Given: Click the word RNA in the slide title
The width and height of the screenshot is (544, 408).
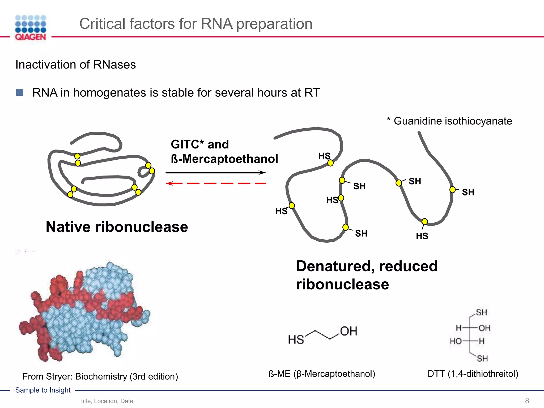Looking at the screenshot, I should pos(216,24).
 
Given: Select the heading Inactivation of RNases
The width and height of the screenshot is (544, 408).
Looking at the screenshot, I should pos(75,65).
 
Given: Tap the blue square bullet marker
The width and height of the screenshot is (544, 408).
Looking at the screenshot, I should pos(20,92).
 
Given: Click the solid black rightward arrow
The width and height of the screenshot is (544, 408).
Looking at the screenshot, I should pos(215,173).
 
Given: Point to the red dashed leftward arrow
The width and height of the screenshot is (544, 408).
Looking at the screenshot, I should pos(215,183).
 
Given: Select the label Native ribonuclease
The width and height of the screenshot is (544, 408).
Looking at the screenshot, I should pos(117,227).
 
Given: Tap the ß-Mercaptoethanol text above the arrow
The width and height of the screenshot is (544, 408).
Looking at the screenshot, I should pos(224,159).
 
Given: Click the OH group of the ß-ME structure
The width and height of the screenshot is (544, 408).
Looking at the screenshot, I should pos(348,331).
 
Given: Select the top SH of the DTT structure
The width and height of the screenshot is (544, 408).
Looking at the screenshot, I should pos(481,312).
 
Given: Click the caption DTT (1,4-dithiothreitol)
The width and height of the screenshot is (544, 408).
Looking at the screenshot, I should pos(473,374).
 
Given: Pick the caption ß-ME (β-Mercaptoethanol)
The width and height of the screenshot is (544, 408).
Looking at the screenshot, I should pos(322,374).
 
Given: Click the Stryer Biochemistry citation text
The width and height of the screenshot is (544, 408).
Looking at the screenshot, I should pos(100,376).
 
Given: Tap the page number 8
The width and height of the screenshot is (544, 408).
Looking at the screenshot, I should pos(527,401).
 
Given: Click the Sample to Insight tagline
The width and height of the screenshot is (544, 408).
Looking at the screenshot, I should pos(43,390).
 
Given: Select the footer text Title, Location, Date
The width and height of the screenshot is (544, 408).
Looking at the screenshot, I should pos(106,401).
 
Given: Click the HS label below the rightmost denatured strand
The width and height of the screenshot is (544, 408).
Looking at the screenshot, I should pos(422,236).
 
